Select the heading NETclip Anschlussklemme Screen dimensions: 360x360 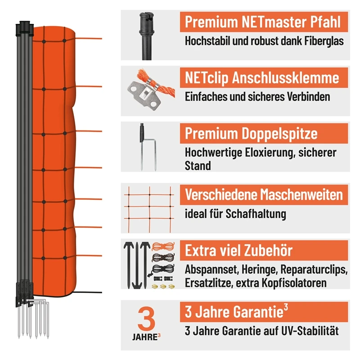tap(261, 77)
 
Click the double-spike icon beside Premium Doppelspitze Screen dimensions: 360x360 tap(145, 148)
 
